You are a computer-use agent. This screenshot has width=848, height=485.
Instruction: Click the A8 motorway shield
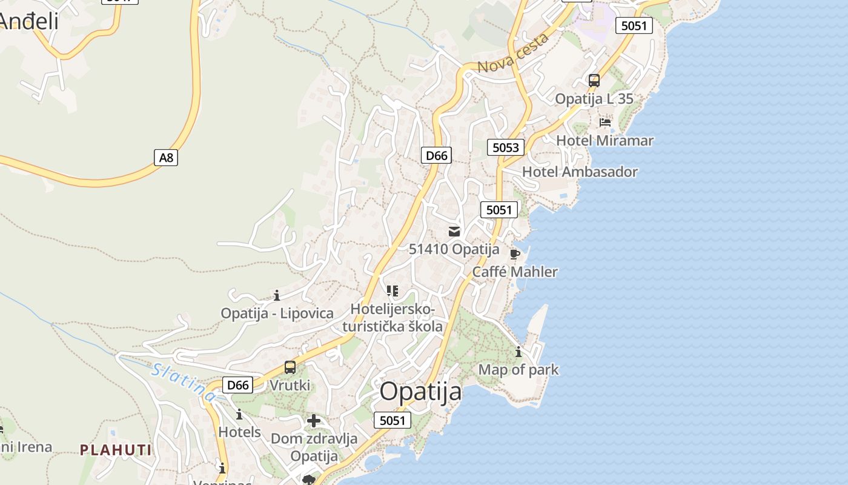click(166, 158)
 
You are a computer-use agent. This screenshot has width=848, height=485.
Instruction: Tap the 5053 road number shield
click(506, 147)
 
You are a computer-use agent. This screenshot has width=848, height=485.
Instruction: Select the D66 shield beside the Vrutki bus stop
click(237, 385)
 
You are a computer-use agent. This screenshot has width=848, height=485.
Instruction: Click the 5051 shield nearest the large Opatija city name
click(393, 420)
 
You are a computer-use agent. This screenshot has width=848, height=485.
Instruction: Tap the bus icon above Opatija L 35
click(594, 81)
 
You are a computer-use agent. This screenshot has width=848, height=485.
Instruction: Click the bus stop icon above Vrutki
click(290, 367)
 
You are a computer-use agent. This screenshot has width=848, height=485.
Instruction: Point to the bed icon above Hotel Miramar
click(605, 122)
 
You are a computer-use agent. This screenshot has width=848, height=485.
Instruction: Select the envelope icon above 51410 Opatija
click(454, 232)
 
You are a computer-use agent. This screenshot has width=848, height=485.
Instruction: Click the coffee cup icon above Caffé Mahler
click(515, 254)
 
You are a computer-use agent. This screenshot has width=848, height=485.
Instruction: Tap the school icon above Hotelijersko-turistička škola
click(393, 291)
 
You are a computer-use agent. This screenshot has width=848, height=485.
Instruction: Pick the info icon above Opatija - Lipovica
click(277, 296)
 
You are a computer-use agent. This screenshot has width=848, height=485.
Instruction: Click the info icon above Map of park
click(518, 352)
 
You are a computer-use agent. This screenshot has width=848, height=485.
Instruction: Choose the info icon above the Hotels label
click(239, 415)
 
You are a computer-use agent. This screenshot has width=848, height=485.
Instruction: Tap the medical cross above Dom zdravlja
click(314, 421)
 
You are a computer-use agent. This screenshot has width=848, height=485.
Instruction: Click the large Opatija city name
click(420, 392)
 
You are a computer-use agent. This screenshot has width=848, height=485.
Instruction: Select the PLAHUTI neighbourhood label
click(116, 450)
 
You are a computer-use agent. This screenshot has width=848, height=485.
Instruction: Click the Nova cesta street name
click(513, 53)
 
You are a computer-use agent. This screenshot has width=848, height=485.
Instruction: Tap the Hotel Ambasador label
click(580, 172)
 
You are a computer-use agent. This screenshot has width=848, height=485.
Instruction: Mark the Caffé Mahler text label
click(515, 272)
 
